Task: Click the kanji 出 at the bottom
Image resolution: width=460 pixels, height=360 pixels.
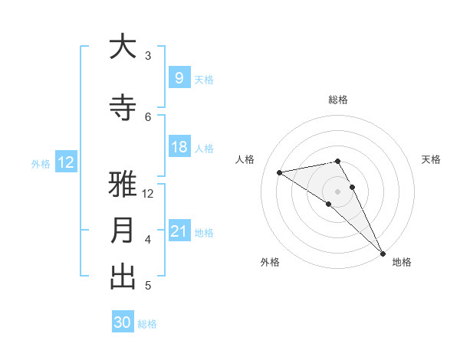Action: coord(123,277)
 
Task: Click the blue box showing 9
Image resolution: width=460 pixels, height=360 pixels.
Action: coord(179,77)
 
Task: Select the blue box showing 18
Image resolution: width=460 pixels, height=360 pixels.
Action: coord(179,147)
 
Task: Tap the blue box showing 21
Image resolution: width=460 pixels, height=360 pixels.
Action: coord(179,231)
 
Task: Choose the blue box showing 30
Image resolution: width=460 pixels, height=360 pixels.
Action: coord(123,322)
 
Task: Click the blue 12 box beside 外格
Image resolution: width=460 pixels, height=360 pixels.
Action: coord(65,162)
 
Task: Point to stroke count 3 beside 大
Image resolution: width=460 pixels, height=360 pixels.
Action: coord(148,56)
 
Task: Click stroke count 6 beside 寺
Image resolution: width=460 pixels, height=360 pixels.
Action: coord(148,116)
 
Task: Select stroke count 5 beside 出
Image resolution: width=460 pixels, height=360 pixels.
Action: coord(148,286)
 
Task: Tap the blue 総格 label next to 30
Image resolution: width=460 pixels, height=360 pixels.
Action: coord(148,324)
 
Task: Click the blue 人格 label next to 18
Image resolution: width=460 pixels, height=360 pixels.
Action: coord(204,149)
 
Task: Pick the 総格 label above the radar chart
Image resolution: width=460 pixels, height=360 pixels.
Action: coord(338,100)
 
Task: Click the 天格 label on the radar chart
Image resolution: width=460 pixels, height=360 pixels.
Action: coord(432,159)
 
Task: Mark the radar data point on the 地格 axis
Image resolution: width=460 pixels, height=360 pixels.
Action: coord(383,253)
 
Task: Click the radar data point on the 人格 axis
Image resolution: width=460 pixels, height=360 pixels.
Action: coord(280,172)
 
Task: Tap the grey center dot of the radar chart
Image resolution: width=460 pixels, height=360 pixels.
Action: coord(338,191)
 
